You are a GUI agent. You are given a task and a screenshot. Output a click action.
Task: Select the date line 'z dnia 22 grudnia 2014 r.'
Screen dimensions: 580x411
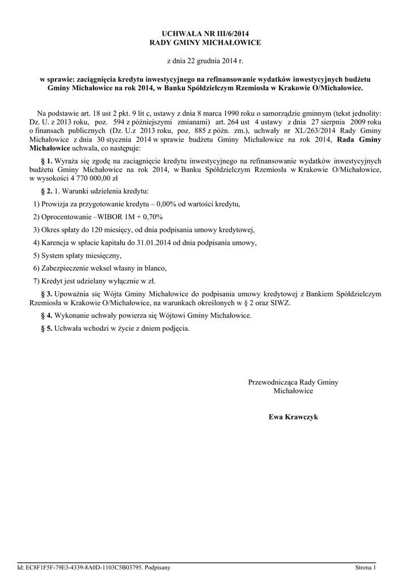click(x=205, y=60)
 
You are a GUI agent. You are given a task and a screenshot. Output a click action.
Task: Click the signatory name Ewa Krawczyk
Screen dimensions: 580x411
click(x=293, y=417)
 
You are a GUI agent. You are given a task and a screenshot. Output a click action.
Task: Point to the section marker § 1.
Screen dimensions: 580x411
click(x=46, y=161)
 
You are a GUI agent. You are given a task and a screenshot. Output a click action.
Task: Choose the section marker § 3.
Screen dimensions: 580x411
click(x=46, y=293)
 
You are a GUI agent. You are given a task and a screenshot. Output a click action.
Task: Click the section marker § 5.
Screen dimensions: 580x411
click(x=46, y=328)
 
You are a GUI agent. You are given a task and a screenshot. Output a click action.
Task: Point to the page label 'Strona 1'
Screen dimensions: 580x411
click(x=365, y=567)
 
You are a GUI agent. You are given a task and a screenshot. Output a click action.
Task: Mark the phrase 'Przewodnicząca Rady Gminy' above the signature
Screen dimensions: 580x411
click(x=293, y=382)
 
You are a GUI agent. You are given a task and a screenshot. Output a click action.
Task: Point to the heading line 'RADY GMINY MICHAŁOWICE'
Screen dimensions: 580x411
click(x=205, y=43)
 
